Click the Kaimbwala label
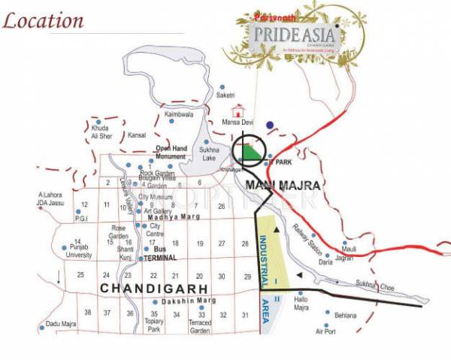(x=178, y=114)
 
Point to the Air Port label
(x=325, y=331)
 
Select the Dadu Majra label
(x=62, y=324)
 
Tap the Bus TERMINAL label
(x=159, y=253)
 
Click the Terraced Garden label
(x=201, y=326)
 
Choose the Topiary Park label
(x=155, y=325)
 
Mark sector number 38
(x=88, y=313)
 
